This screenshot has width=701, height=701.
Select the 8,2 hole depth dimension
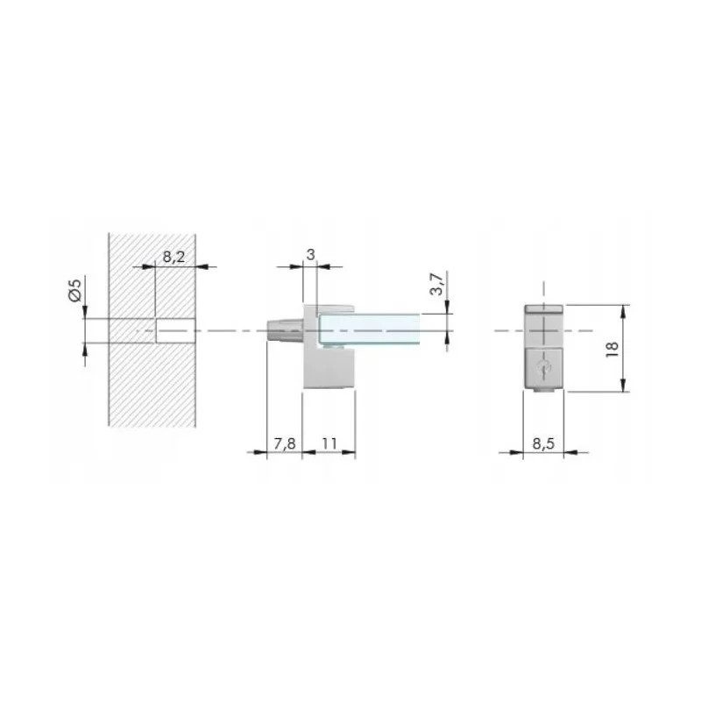coord(173,257)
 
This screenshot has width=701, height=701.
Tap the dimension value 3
coord(310,254)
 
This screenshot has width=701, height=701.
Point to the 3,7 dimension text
coord(436,283)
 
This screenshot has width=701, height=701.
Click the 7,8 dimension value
coord(285,443)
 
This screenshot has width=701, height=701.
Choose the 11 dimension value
coord(329,443)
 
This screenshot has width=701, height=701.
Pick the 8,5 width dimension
coord(543,443)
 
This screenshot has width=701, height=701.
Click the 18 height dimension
coord(612,349)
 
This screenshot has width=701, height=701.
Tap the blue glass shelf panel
coord(369,329)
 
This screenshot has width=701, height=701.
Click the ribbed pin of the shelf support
coord(285,331)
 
